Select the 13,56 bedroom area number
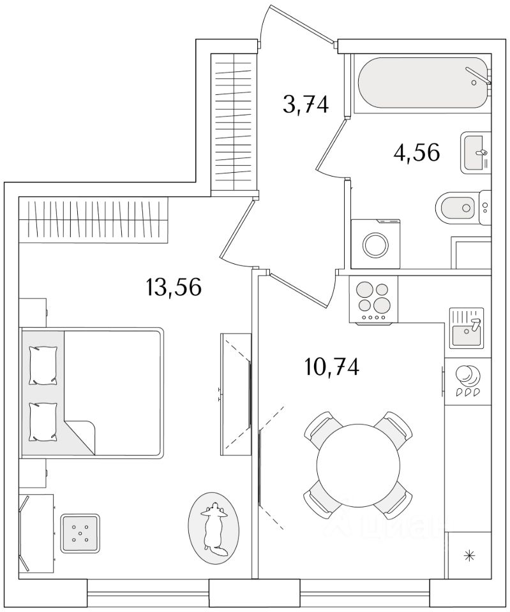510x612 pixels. point(174,288)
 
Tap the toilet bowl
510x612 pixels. point(456,207)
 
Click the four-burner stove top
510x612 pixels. point(373,299)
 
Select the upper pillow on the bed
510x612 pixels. point(43,365)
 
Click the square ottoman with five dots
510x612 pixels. point(80,533)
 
